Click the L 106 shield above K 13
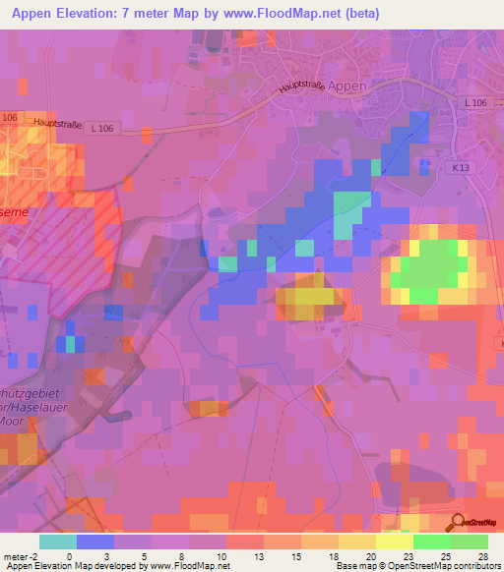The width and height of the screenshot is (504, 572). [x=476, y=103]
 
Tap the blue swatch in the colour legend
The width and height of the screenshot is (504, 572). [x=95, y=542]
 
